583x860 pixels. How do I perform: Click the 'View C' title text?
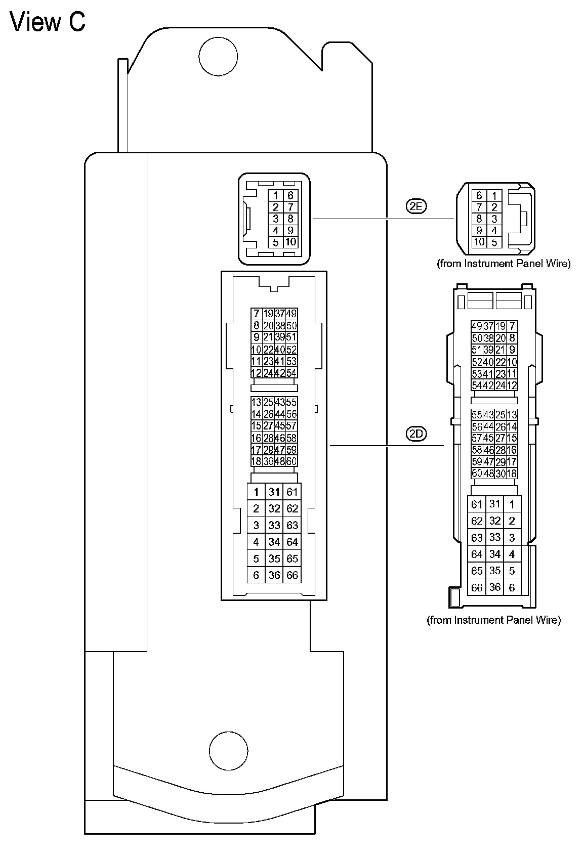(x=48, y=22)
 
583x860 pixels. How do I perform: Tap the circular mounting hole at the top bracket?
(x=218, y=56)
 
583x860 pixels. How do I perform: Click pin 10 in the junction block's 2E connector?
(x=290, y=242)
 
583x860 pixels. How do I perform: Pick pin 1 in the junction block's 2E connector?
(x=275, y=196)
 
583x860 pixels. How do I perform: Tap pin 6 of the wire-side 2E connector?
(x=479, y=196)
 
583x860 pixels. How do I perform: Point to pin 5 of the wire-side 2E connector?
(x=494, y=242)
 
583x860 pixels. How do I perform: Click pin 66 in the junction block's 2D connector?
(x=292, y=575)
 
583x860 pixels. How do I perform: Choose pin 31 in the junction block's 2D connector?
(x=274, y=492)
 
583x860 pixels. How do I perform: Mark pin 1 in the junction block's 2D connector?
(x=256, y=492)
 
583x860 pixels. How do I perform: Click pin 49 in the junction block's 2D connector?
(x=291, y=314)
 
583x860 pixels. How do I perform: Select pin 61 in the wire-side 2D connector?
(x=477, y=504)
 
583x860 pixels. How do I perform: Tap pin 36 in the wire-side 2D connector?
(x=495, y=587)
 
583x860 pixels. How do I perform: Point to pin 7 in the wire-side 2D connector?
(x=512, y=326)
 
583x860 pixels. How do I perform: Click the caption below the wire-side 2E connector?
(x=503, y=264)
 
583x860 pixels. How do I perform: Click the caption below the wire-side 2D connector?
(x=494, y=620)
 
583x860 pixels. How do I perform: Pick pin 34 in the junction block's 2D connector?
(x=274, y=542)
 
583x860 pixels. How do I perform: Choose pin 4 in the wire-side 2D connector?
(x=512, y=554)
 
